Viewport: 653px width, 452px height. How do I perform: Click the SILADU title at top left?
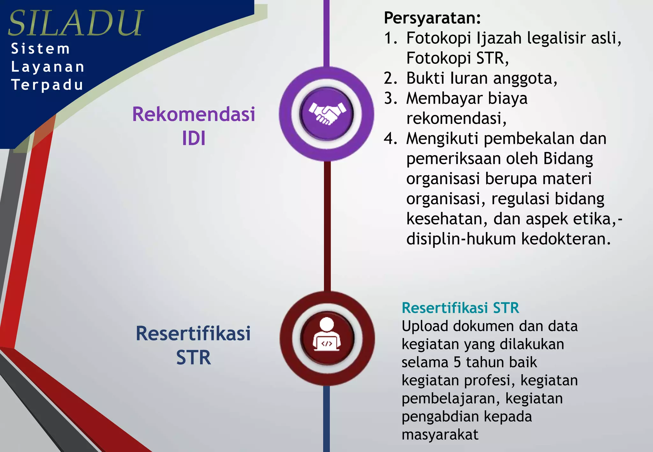(76, 23)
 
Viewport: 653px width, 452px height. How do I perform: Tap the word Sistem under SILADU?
(40, 49)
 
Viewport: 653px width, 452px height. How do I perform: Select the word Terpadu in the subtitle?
(47, 85)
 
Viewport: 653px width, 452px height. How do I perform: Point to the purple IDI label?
(194, 138)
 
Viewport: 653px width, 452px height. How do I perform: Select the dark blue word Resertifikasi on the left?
(193, 333)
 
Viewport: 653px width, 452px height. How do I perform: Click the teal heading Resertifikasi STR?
(460, 308)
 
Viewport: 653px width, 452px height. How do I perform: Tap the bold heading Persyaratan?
(432, 18)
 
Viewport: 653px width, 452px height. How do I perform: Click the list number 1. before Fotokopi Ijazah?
(391, 38)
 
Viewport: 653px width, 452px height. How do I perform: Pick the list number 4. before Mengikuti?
(391, 139)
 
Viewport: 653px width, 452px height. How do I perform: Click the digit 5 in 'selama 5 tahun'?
(457, 362)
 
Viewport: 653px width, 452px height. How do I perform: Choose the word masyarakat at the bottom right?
(440, 435)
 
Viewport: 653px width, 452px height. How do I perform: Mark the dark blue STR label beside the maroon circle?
(194, 358)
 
